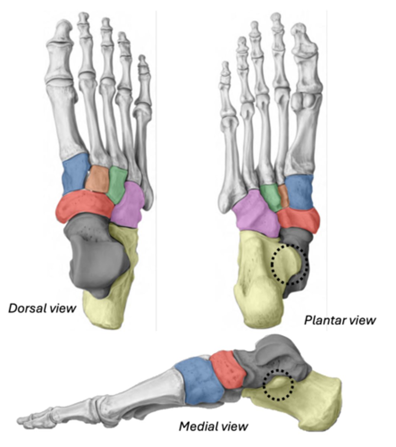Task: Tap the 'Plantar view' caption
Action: point(340,320)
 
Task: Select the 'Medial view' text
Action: point(213,426)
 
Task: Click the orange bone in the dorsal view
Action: point(97,178)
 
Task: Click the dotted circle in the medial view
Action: point(278,385)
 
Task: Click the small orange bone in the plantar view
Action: point(283,196)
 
